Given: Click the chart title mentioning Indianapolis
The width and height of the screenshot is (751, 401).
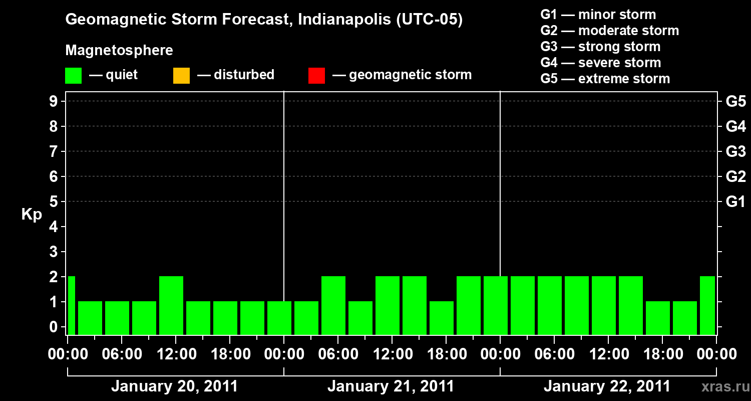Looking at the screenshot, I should point(264,20).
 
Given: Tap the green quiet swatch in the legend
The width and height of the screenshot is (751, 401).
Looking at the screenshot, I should point(73,75).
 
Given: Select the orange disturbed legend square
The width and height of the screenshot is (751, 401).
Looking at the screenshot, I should point(181,75).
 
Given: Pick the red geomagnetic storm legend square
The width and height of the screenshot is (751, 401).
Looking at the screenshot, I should point(316,75).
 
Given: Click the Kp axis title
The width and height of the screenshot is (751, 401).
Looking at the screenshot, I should point(32,215).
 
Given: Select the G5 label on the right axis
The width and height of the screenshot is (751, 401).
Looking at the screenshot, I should point(735,101).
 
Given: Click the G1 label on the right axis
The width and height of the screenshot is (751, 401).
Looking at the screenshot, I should point(735,202).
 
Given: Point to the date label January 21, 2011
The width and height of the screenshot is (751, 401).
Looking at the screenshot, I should point(391,386).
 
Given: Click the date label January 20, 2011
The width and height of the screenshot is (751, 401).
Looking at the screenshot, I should point(174,386).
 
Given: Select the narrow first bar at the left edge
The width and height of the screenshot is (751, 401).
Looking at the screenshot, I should point(71,305).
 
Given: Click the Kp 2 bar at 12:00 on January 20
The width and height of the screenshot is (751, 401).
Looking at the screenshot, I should point(171,305).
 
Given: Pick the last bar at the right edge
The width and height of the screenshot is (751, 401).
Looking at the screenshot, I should point(707,305).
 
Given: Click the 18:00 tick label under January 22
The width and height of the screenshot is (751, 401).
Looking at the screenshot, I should point(662,354).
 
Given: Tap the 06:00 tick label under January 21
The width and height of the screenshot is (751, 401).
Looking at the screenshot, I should point(337,354).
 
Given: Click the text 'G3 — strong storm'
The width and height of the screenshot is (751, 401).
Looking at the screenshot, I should point(600,47).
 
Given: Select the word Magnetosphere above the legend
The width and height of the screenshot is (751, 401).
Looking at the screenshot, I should point(119,51).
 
